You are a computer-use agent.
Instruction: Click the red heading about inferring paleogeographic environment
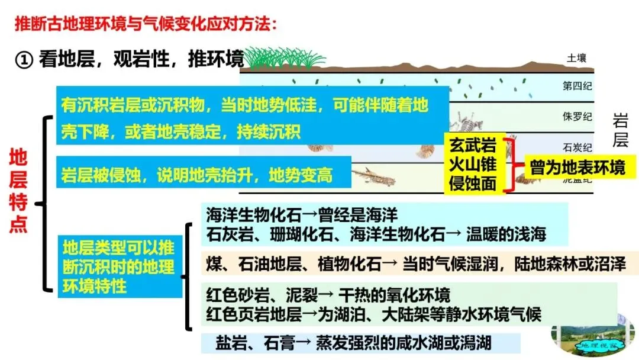point(146,25)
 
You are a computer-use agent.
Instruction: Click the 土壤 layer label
point(576,58)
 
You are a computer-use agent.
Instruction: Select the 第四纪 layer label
point(577,86)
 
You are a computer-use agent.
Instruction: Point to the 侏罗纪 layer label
point(577,116)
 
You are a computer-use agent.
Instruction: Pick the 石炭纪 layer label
point(577,146)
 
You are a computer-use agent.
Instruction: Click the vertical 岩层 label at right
point(619,131)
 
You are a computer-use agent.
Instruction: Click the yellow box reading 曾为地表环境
point(575,168)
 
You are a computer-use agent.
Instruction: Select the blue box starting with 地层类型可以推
point(119,267)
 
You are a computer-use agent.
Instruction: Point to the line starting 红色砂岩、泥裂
point(328,295)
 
